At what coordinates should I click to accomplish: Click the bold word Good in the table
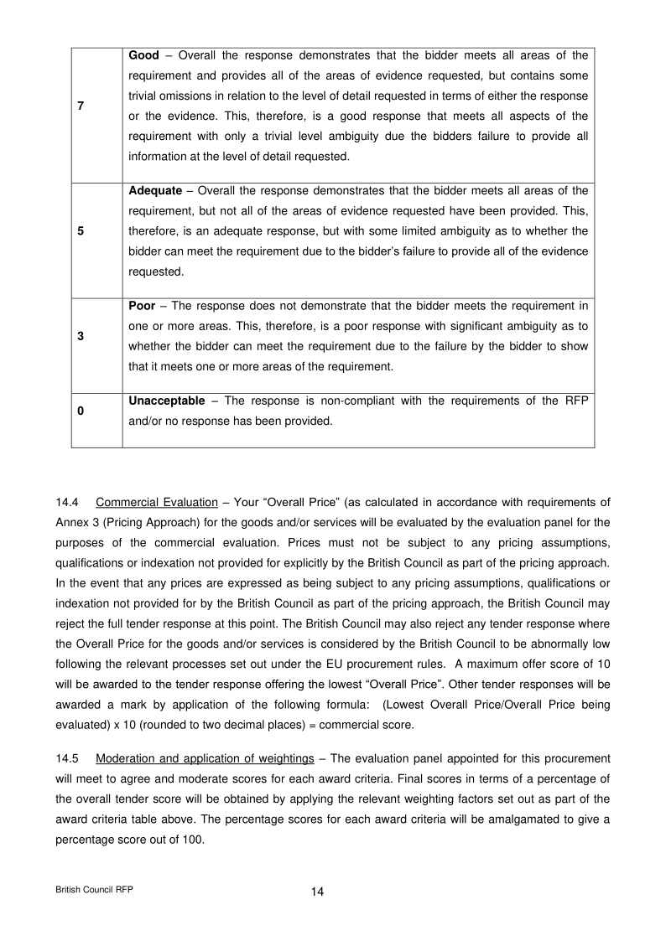click(143, 55)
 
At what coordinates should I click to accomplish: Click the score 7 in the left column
click(81, 106)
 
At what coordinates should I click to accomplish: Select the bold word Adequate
click(155, 191)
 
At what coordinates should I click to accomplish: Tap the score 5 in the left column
click(81, 231)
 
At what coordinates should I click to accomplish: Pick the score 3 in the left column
click(81, 336)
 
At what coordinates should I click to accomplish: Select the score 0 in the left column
click(81, 411)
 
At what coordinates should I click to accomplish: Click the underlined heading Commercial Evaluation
click(157, 503)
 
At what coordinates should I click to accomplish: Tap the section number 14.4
click(67, 503)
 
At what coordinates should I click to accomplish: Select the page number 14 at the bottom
click(317, 892)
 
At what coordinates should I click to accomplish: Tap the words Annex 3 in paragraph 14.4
click(76, 523)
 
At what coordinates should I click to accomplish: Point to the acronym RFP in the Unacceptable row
click(575, 401)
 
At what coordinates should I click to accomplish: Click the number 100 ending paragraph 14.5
click(193, 840)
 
